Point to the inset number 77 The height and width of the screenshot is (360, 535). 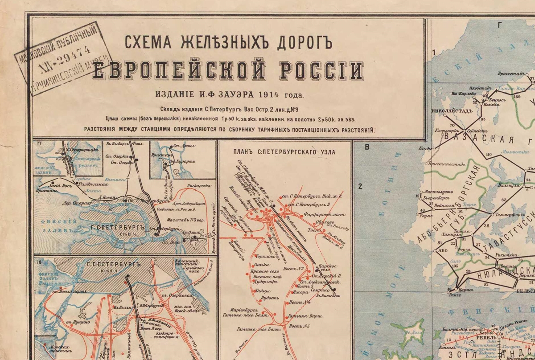(x=40, y=144)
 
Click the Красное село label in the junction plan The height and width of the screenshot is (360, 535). (x=267, y=271)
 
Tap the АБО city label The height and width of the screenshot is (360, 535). (x=443, y=250)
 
